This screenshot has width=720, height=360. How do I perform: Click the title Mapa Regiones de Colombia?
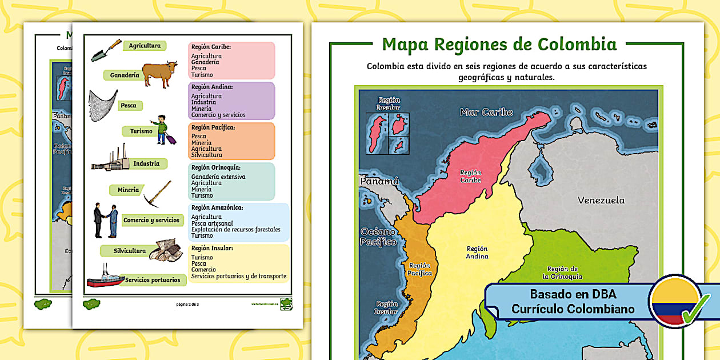[499, 44]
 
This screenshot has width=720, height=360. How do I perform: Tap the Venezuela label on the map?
[601, 201]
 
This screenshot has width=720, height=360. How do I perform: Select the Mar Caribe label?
[486, 113]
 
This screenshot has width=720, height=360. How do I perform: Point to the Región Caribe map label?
[471, 176]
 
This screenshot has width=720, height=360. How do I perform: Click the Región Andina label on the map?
[477, 253]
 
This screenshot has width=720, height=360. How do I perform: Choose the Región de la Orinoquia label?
[563, 273]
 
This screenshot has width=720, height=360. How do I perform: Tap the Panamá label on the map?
[378, 181]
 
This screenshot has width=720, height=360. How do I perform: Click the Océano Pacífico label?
[378, 237]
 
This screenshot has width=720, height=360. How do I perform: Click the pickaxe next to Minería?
[157, 193]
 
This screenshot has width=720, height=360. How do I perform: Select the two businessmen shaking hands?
[106, 221]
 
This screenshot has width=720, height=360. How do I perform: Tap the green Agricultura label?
[145, 46]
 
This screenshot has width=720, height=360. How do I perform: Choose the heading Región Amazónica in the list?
[217, 208]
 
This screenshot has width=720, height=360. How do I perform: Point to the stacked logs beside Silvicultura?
[165, 250]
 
